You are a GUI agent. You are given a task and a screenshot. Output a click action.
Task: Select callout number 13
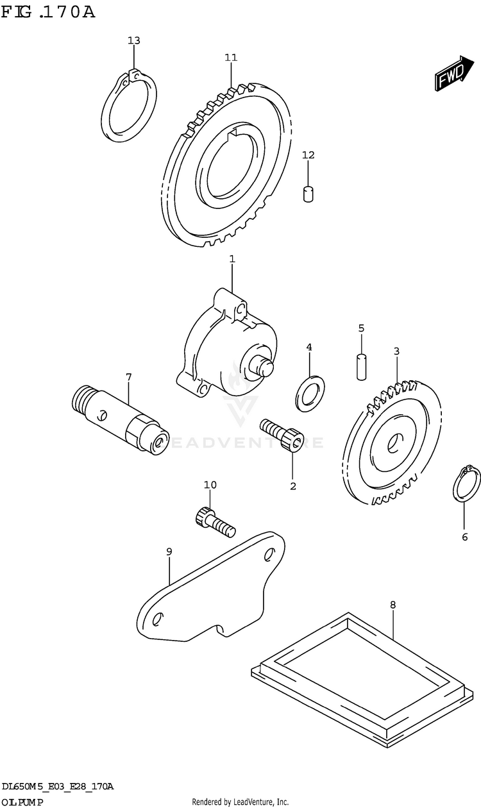133,41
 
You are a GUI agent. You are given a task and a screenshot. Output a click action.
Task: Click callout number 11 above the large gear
231,58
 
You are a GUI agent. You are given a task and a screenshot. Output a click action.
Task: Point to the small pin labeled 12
308,193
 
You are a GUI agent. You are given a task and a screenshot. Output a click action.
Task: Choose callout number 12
308,155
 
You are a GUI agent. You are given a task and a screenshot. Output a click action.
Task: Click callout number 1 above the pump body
232,259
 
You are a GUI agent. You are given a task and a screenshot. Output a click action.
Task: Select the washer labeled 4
310,392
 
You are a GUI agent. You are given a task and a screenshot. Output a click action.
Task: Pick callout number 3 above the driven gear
396,351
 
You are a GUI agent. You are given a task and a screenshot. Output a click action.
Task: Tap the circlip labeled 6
466,485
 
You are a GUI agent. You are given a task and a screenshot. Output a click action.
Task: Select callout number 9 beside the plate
169,551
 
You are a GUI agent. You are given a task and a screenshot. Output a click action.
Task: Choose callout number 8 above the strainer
392,604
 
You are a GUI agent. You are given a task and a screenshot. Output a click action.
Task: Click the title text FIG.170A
47,12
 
